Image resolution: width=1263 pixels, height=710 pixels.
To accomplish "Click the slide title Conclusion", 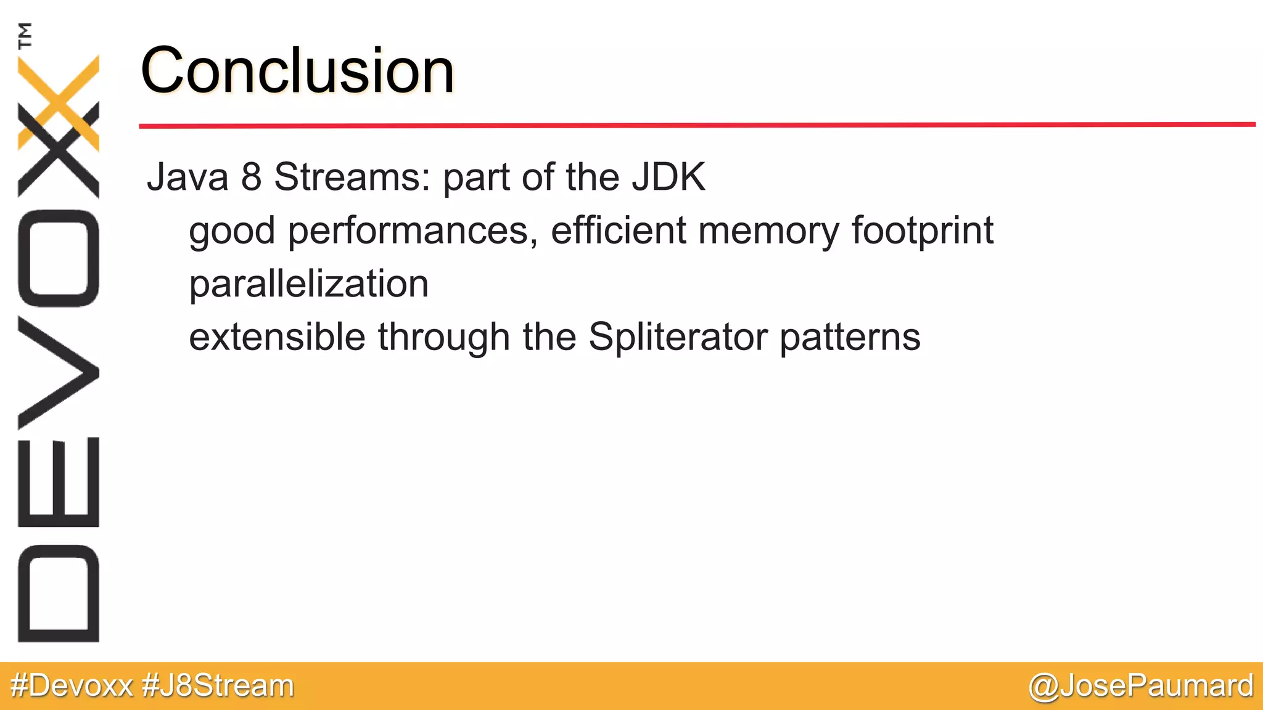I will coord(297,70).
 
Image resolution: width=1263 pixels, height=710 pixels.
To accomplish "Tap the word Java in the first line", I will coord(187,177).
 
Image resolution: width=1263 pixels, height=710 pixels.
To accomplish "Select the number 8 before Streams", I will coord(252,177).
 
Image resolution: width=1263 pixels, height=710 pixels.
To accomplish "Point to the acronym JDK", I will coord(668,177).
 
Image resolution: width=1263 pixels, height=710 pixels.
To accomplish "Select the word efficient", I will coord(618,231).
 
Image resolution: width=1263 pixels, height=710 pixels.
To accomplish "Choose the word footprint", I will coord(923,232).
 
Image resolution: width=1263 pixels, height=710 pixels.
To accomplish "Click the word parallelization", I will coord(308,285).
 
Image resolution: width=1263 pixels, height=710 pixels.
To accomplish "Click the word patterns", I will coord(850,338).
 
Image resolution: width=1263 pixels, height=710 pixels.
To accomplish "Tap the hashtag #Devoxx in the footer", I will coord(72,685).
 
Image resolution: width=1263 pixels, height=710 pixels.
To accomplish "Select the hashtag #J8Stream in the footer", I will coord(218,685).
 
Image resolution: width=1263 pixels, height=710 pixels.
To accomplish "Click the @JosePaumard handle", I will coord(1141,686).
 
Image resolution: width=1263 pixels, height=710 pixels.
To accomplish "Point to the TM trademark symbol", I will coord(25,35).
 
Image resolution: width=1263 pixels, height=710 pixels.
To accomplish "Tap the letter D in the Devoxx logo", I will coord(59,594).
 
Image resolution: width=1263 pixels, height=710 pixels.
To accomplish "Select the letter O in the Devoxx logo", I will coord(59,258).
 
